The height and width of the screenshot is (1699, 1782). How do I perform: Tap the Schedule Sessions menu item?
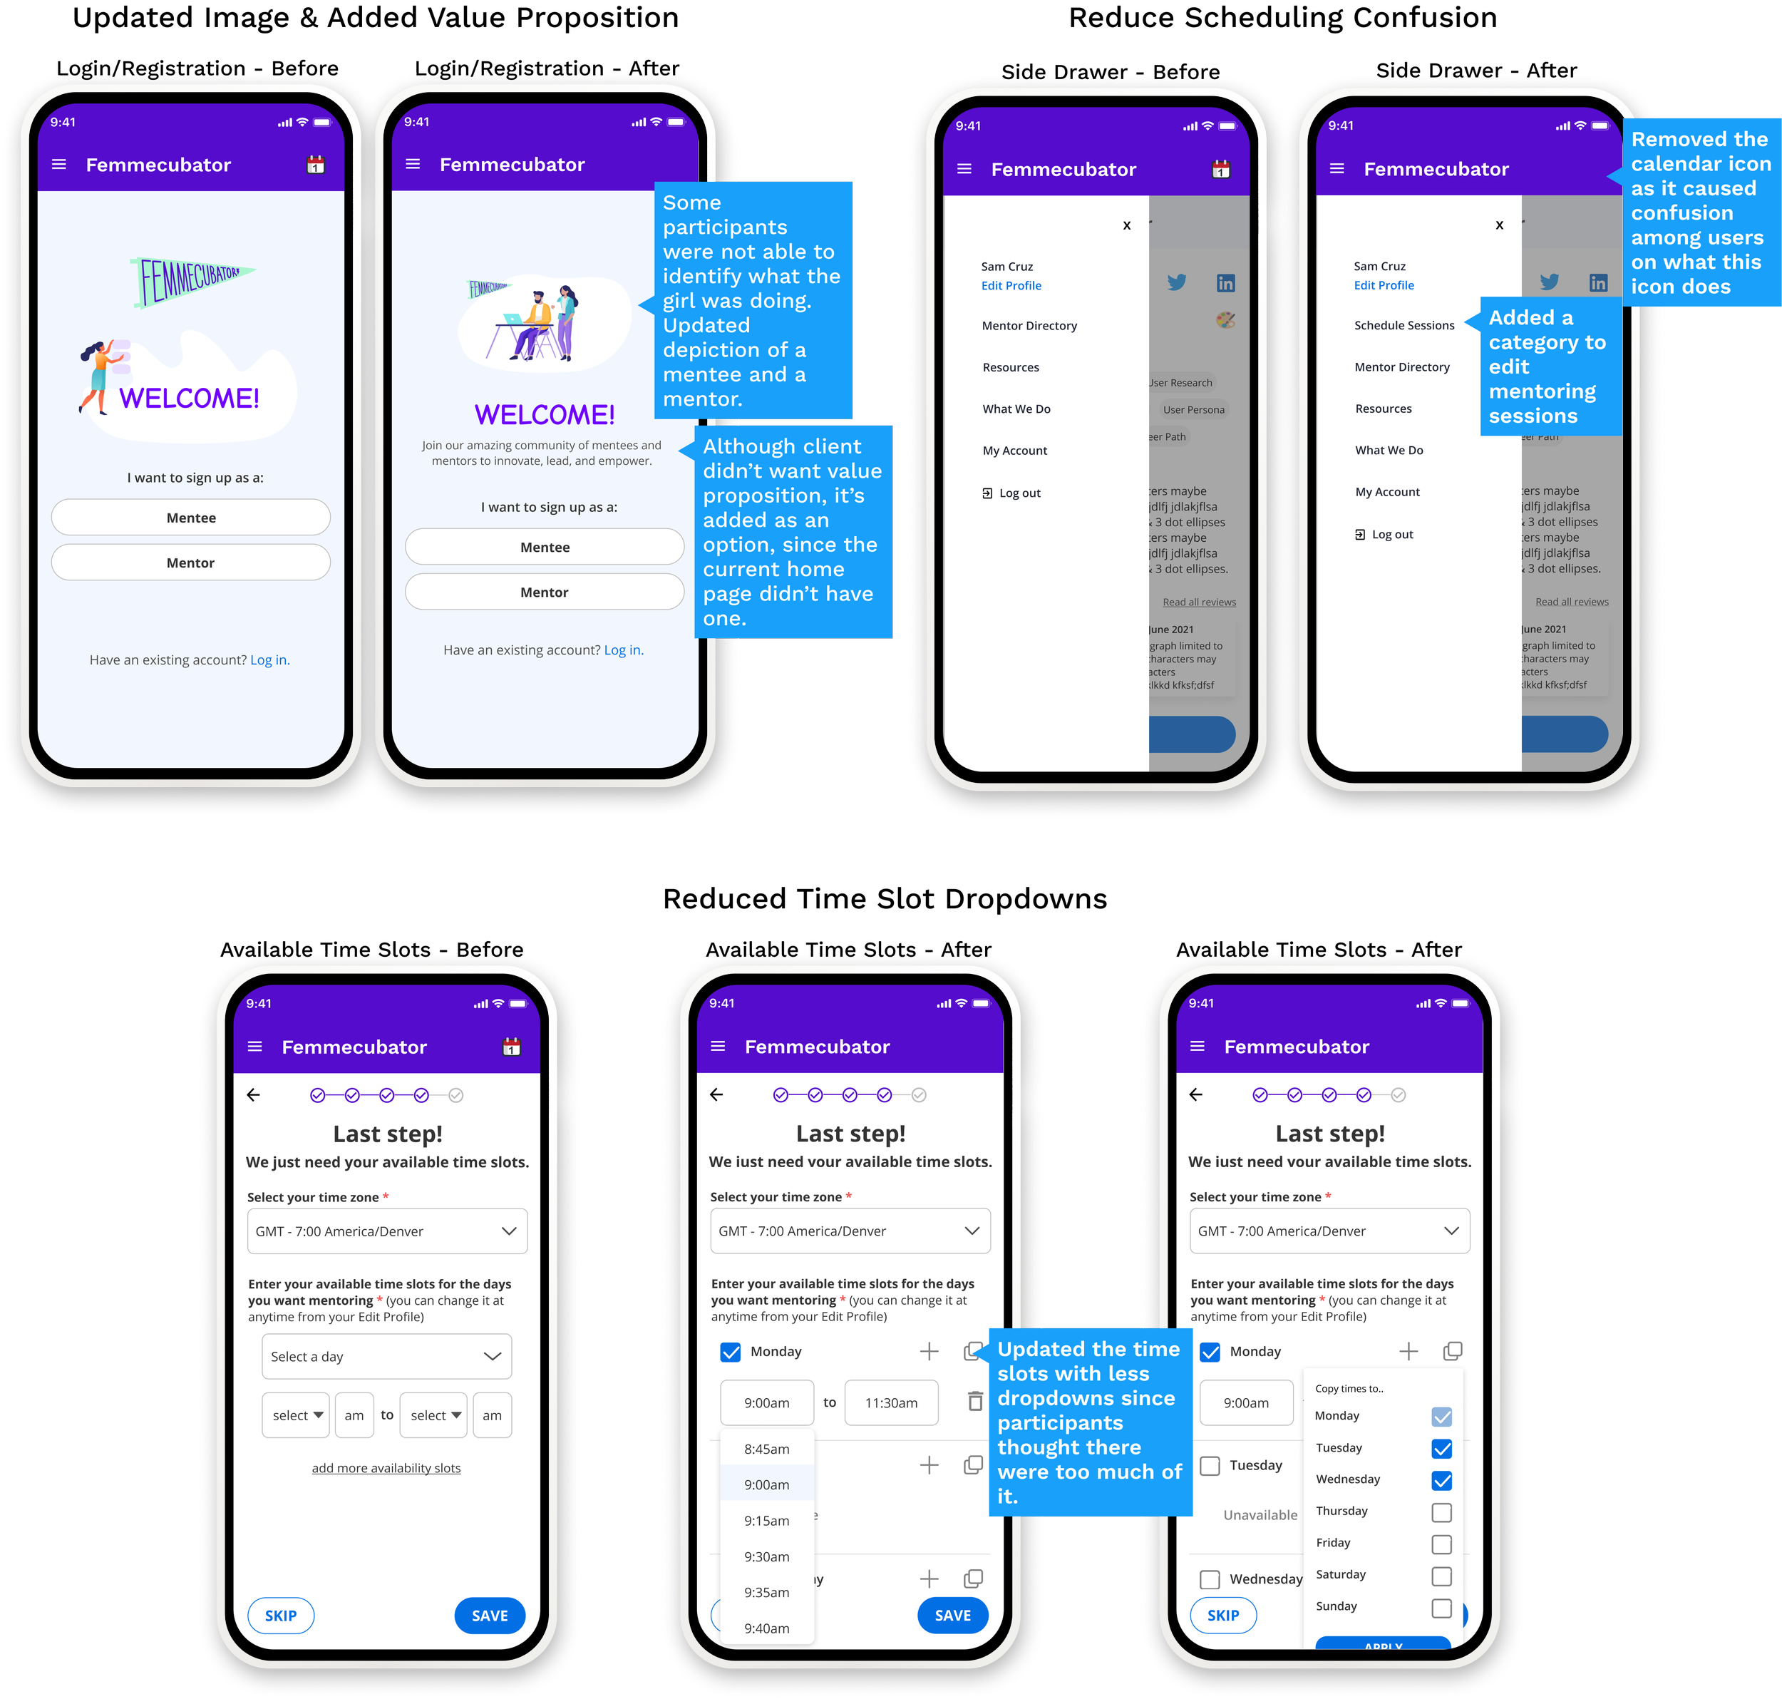[x=1404, y=325]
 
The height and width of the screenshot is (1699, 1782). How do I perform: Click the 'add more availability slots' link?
[x=386, y=1468]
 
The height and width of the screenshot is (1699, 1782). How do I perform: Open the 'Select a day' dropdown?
[x=386, y=1356]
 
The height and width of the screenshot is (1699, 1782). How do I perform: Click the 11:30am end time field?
[x=891, y=1403]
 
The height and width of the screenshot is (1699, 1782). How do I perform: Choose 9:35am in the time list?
[x=767, y=1592]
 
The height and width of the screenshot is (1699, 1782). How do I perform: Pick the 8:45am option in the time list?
[x=767, y=1449]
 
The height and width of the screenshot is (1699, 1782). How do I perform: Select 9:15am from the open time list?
[x=767, y=1521]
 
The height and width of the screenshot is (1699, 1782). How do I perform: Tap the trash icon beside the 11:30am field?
[x=975, y=1401]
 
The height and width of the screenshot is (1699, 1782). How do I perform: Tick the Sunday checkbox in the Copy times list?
[x=1441, y=1608]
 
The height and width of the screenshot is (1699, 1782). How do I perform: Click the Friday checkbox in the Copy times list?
[x=1441, y=1544]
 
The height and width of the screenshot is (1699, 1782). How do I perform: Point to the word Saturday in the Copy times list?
[x=1340, y=1574]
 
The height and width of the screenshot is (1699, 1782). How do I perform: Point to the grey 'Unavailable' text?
[x=1260, y=1514]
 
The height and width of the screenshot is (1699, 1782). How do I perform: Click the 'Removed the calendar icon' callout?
[x=1701, y=213]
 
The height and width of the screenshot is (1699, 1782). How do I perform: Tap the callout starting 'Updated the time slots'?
[x=1089, y=1422]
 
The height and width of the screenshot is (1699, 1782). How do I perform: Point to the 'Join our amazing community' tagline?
[x=542, y=453]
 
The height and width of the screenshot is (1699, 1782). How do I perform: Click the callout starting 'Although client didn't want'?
[x=793, y=532]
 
